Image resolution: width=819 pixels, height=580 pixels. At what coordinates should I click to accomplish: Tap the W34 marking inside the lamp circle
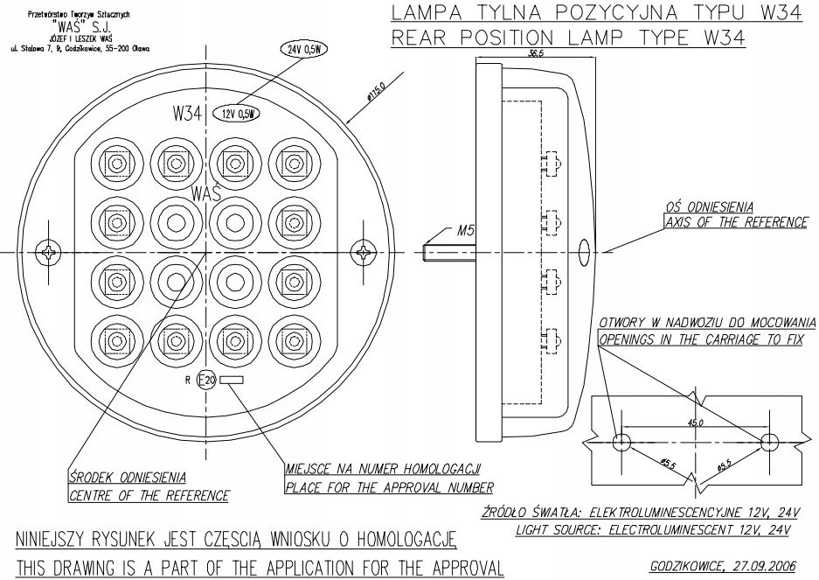click(x=188, y=114)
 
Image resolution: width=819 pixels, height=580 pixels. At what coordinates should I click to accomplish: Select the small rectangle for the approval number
click(x=232, y=381)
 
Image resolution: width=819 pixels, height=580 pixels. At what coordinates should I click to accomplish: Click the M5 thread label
click(x=467, y=232)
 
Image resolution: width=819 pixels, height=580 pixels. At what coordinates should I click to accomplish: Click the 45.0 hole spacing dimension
click(x=695, y=423)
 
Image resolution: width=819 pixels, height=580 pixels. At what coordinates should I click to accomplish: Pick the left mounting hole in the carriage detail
click(x=621, y=439)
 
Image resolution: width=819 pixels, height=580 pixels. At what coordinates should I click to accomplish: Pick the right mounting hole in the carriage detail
click(x=769, y=439)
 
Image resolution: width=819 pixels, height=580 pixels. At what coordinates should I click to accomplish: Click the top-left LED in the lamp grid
click(x=115, y=161)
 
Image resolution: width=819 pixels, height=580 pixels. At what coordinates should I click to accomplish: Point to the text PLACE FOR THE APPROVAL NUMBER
click(x=389, y=486)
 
